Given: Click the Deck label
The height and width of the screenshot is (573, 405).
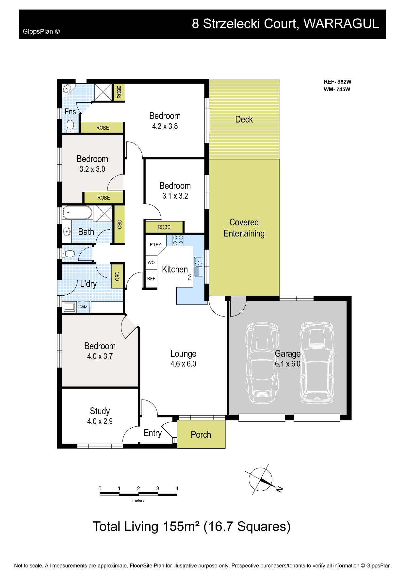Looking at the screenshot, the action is [x=244, y=119].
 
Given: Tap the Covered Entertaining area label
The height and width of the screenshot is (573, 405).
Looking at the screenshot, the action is [x=244, y=228].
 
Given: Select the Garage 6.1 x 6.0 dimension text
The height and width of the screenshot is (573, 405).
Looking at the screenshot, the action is [x=287, y=364].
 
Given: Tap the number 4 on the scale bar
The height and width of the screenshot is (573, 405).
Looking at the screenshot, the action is [x=177, y=488].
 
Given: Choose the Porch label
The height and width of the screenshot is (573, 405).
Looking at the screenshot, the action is [x=201, y=434].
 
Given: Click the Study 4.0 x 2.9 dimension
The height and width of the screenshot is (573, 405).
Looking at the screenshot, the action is [x=100, y=421].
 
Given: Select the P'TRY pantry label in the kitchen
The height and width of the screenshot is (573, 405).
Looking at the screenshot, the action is [x=155, y=244].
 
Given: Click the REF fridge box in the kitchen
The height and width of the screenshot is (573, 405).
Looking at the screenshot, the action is [x=151, y=279].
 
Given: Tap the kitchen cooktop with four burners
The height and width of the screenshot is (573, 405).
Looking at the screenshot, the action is [x=178, y=240].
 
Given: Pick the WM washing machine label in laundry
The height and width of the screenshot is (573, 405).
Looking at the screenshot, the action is [x=84, y=307].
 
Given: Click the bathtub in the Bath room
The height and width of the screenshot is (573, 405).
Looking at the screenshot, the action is [x=77, y=213].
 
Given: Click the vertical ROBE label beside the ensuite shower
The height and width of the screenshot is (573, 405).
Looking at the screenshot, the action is [x=119, y=92].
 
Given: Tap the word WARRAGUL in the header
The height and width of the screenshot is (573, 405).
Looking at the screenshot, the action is [x=341, y=24].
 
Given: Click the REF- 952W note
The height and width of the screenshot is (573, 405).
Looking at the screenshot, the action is [x=337, y=82].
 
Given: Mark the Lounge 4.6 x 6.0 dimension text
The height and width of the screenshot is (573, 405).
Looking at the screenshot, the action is [x=183, y=364].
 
